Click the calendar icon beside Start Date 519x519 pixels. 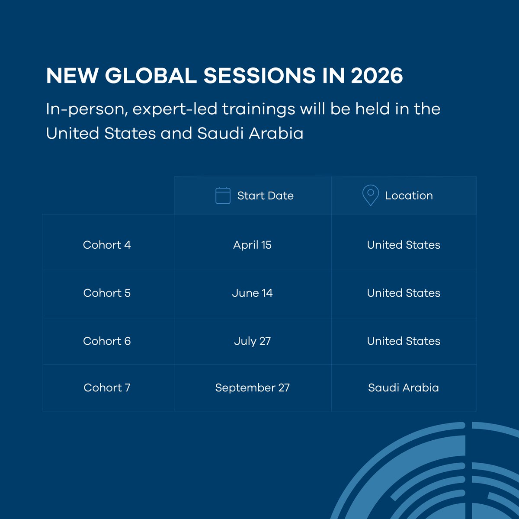[223, 195]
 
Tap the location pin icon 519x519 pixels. [370, 195]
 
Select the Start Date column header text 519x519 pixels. [265, 195]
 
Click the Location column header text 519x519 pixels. [409, 195]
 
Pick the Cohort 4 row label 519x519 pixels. [107, 245]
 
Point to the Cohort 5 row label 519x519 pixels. [107, 293]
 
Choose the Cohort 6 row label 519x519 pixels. [107, 341]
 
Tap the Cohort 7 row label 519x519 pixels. [107, 388]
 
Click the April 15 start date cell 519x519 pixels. [252, 245]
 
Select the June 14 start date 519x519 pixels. [252, 293]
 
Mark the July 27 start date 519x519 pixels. [252, 341]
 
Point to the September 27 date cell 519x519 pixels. [252, 388]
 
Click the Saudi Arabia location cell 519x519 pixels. [403, 388]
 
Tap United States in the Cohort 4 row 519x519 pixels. [403, 245]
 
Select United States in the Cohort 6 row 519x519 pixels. [403, 341]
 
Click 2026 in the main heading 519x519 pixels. [377, 76]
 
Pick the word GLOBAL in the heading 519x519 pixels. [151, 76]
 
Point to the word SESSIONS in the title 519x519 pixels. [259, 76]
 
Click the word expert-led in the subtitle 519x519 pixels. [175, 109]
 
